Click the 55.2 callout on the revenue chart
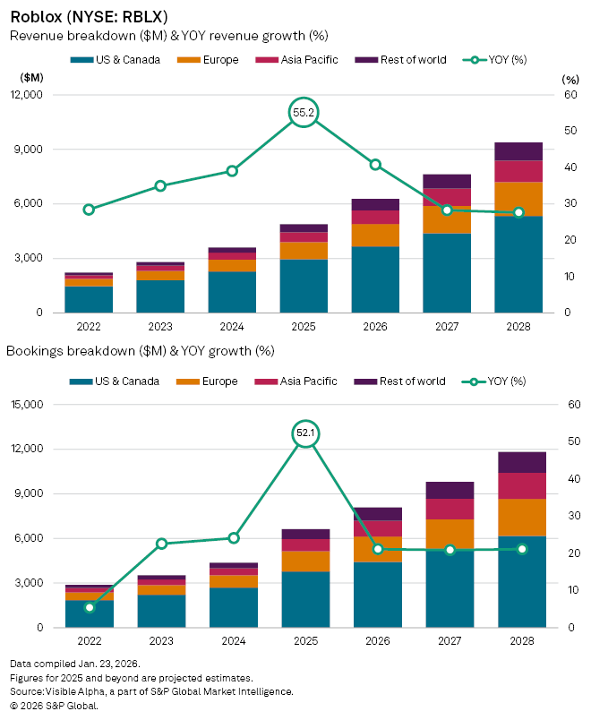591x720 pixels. [x=304, y=113]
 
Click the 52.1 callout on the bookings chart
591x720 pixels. [x=305, y=433]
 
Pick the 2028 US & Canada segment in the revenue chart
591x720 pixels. [x=518, y=264]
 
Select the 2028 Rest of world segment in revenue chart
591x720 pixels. [x=518, y=151]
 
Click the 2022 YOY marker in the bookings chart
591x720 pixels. [x=90, y=607]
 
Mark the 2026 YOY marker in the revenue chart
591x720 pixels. [x=375, y=165]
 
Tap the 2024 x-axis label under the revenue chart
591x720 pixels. [x=232, y=327]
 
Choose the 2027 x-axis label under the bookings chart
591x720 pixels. [x=450, y=641]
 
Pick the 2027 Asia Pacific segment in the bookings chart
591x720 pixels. [x=450, y=509]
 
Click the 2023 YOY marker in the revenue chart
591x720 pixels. [x=160, y=186]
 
